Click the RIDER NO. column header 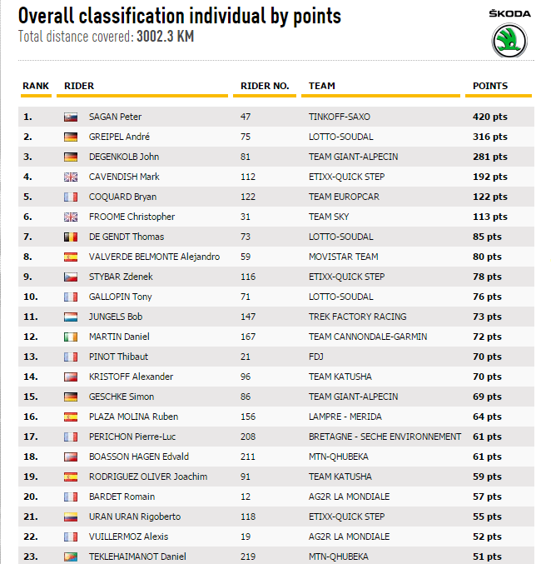(x=265, y=86)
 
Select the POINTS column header (x=490, y=86)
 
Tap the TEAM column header (x=322, y=86)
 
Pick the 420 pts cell (x=490, y=117)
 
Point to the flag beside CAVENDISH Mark (x=71, y=177)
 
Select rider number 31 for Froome (x=246, y=217)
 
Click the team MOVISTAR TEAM (x=343, y=257)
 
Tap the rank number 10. (x=30, y=297)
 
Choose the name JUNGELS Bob (x=116, y=317)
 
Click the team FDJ (x=316, y=357)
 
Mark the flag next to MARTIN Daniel (x=71, y=337)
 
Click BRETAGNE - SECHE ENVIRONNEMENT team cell (x=385, y=437)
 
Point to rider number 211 (x=248, y=457)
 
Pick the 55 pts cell (x=488, y=517)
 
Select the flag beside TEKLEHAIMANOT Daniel (x=71, y=557)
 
